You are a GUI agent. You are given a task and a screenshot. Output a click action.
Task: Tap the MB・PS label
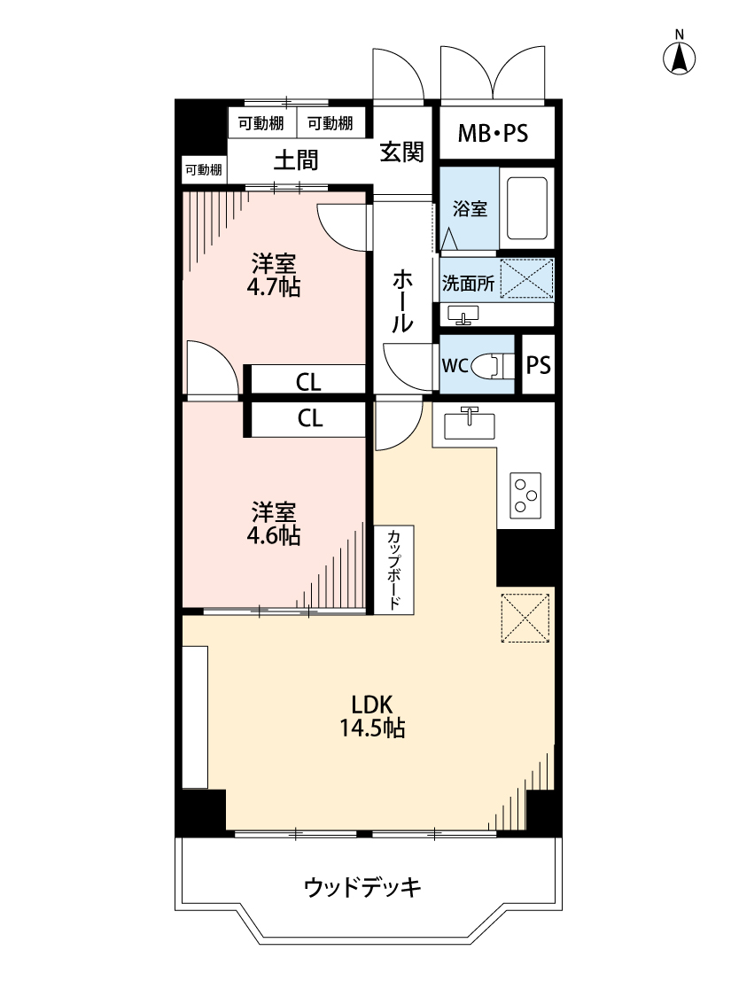tap(493, 134)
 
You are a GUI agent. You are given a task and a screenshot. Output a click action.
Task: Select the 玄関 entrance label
tap(401, 152)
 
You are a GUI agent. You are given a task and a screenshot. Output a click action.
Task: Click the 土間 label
tap(295, 160)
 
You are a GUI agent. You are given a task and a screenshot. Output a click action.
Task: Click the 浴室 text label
tap(469, 209)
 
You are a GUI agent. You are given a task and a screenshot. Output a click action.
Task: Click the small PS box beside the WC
tap(539, 365)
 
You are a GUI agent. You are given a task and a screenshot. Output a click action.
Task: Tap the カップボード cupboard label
tap(393, 570)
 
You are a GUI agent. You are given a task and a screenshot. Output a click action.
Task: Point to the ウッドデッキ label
tap(362, 885)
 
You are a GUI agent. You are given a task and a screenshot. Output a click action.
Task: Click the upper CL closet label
tap(308, 382)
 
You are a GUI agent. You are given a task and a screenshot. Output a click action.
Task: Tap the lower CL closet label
tap(309, 419)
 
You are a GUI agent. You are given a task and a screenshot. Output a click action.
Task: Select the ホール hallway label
tap(401, 301)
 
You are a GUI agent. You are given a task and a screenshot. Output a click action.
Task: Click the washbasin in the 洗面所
tap(463, 314)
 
